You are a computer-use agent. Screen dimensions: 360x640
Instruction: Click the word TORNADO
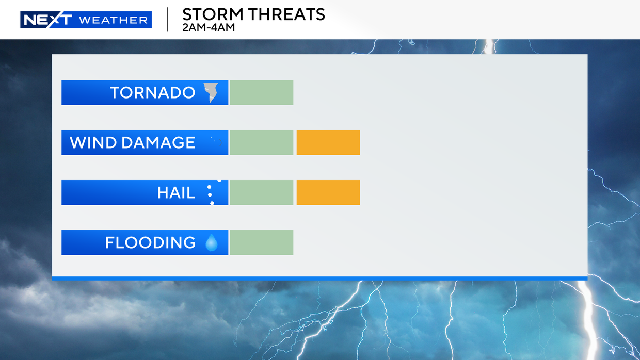(x=152, y=93)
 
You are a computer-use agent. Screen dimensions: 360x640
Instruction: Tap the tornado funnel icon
(x=211, y=92)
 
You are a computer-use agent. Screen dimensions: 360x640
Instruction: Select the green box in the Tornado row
(x=261, y=93)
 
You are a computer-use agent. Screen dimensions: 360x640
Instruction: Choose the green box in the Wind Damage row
(x=261, y=143)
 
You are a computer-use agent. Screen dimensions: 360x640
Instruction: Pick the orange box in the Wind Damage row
(x=328, y=143)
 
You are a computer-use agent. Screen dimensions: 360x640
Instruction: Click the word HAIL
(x=176, y=193)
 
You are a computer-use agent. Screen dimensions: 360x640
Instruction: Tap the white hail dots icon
(x=210, y=192)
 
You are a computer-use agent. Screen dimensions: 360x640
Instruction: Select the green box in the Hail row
(x=261, y=193)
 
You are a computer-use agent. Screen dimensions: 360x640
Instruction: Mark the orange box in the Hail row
(x=328, y=193)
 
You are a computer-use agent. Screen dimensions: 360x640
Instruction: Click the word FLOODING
(x=150, y=242)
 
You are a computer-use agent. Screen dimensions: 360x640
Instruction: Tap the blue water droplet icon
(x=211, y=242)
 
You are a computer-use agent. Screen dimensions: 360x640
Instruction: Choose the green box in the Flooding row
(x=261, y=242)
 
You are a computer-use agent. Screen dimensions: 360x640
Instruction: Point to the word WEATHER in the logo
(x=113, y=20)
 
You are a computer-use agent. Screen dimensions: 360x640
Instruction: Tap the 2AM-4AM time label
(x=208, y=27)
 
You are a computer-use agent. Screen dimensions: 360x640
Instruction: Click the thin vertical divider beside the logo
(x=167, y=20)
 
